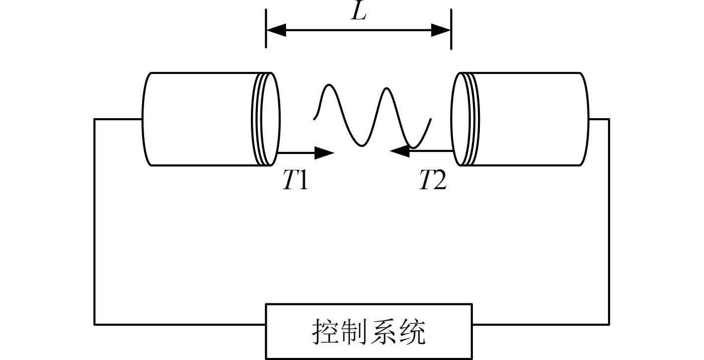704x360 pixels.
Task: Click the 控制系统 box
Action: pos(369,331)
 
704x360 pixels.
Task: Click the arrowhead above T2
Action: pos(399,150)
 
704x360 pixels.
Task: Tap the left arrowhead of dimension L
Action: pos(276,30)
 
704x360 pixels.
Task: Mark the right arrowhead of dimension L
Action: pos(441,30)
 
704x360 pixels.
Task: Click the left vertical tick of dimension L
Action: pos(266,29)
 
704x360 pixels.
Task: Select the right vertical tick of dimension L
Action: pos(451,29)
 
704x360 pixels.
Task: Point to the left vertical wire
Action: pos(94,221)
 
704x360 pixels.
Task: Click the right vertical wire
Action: pos(609,221)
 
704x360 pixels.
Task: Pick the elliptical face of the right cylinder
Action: pos(460,119)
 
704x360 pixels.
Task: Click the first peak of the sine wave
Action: pos(328,86)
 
